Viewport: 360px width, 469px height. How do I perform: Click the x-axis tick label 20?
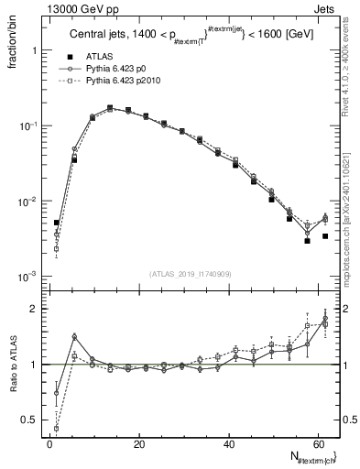coord(139,445)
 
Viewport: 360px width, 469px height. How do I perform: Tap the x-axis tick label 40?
coord(228,445)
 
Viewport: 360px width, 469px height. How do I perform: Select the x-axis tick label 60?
coord(317,445)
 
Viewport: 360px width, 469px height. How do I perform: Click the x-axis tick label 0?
coord(50,445)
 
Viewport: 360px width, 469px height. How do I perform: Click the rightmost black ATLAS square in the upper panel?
coord(325,236)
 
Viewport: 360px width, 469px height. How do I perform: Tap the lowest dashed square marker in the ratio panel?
coord(57,428)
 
